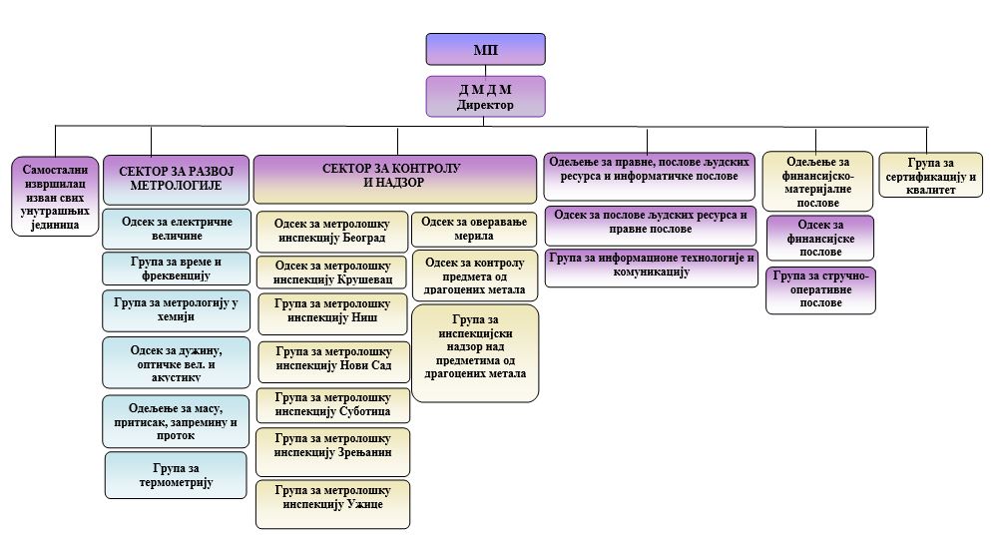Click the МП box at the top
point(485,49)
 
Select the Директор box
point(485,96)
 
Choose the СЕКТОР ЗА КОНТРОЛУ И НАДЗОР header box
point(396,177)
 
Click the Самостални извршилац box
point(56,196)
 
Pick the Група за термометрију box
point(176,475)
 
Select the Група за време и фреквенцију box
point(176,269)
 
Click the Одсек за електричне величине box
point(176,228)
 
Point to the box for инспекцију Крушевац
point(332,273)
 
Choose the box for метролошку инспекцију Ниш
point(332,312)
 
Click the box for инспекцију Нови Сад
point(332,360)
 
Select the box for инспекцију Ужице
point(332,503)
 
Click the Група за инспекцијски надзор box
point(474,351)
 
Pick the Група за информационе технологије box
point(651,266)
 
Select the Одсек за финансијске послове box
point(819,238)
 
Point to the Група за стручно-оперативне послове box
point(819,289)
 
